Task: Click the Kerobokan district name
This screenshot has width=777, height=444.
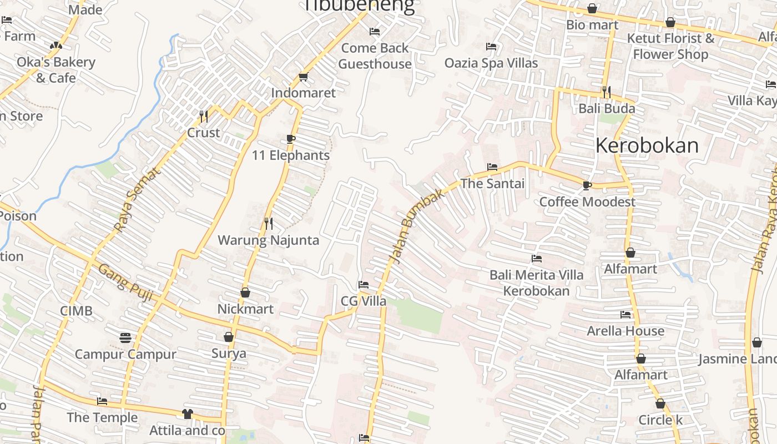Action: coord(647,145)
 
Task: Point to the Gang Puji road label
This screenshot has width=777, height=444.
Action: coord(126,281)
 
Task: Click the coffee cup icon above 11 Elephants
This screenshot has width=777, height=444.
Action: coord(291,139)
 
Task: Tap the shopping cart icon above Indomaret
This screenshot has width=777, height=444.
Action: coord(303,77)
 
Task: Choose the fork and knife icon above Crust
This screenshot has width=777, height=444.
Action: coord(204,116)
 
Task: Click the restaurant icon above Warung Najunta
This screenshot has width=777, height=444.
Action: coord(269,223)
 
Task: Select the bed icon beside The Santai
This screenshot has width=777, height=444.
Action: coord(492,167)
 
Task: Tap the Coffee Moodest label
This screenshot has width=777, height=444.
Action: coord(587,201)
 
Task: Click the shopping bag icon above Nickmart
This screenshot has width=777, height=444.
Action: coord(245,292)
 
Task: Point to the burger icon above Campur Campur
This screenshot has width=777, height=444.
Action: coord(125,337)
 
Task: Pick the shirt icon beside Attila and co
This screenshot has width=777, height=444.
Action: coord(187,414)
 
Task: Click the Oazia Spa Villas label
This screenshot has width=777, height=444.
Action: coord(491,63)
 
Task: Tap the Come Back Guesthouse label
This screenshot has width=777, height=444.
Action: coord(375,56)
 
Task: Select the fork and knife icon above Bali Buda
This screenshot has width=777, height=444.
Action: coord(607,92)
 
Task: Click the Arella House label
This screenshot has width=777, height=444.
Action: coord(625,331)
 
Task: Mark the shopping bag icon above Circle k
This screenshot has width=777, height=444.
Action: coord(660,403)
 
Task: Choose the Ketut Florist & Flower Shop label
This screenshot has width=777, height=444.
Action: coord(670,46)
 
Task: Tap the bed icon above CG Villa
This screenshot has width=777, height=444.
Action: coord(364,285)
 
